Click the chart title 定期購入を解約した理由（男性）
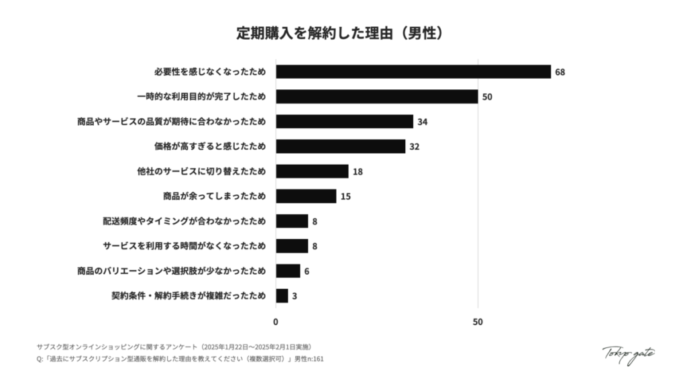click(343, 32)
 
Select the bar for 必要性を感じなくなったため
click(413, 72)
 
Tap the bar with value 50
click(377, 97)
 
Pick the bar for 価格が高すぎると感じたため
click(341, 146)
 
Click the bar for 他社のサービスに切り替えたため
click(312, 171)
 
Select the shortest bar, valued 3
click(282, 296)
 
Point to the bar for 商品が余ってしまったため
click(306, 196)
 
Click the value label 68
click(560, 72)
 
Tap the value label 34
click(423, 122)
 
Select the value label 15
click(346, 196)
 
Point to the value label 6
click(307, 271)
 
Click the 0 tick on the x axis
click(276, 322)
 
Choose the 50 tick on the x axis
click(478, 322)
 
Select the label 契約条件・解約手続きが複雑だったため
click(189, 296)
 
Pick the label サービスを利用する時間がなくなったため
click(184, 246)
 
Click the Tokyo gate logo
click(628, 353)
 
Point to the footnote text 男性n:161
click(309, 359)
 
